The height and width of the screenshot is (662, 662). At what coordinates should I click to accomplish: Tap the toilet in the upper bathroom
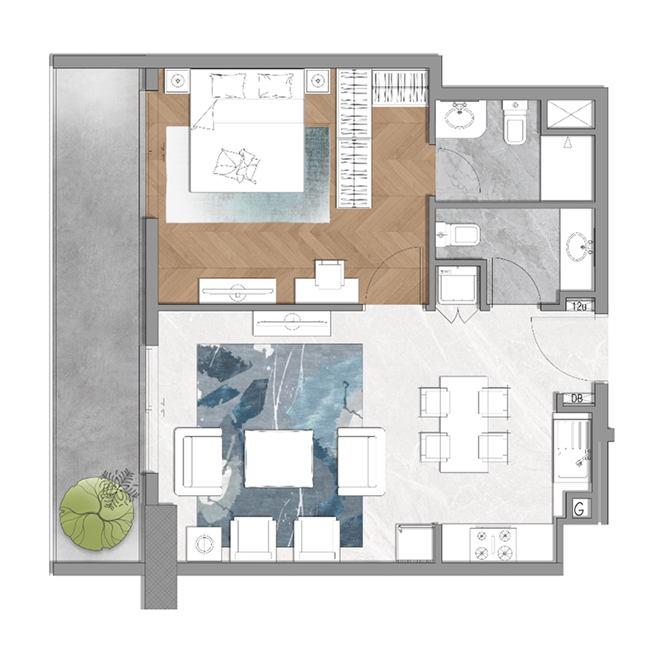515,122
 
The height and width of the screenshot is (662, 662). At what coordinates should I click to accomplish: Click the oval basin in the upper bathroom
459,117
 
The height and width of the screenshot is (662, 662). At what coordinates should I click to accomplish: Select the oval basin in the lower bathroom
578,245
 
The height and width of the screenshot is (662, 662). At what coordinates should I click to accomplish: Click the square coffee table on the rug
279,458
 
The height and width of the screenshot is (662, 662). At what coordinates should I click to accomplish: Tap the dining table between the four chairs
463,424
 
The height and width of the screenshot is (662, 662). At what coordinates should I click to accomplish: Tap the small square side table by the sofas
204,544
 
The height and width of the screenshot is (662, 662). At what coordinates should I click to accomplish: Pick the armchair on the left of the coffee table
200,461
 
